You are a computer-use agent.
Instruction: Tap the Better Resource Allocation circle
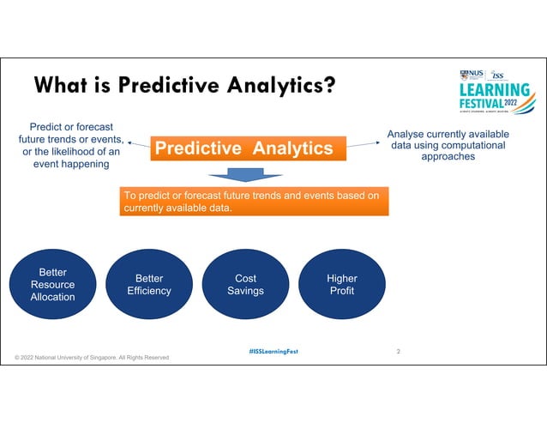[52, 285]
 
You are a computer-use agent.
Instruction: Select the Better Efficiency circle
[148, 285]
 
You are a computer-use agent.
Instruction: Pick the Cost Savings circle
[245, 285]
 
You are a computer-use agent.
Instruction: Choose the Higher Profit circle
[342, 285]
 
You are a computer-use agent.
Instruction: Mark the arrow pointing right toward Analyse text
[364, 145]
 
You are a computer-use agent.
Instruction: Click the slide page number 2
[399, 351]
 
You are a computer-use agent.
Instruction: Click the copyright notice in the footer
[92, 357]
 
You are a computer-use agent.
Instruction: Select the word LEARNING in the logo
[495, 90]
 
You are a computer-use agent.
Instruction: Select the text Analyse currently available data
[448, 140]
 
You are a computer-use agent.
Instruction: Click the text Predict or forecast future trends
[71, 133]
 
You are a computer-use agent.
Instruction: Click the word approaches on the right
[448, 157]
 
